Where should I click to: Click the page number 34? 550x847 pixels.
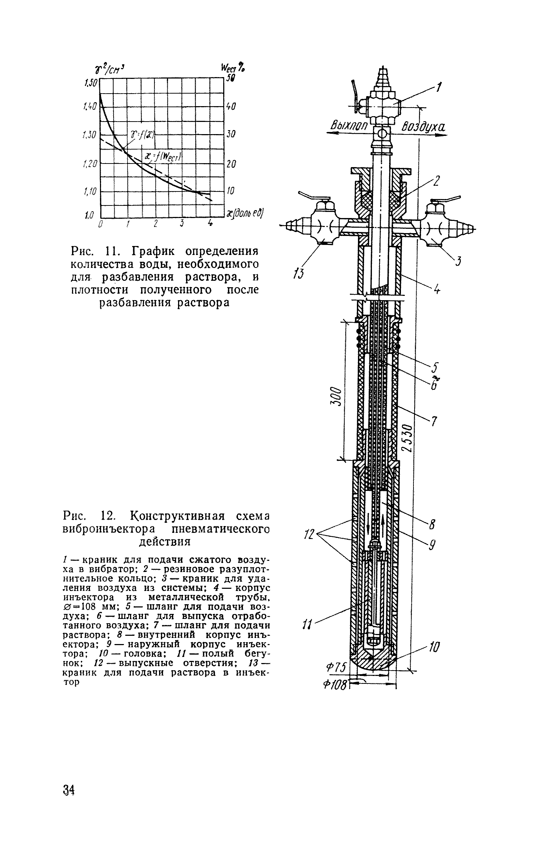68,789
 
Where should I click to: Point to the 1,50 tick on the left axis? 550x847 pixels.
90,83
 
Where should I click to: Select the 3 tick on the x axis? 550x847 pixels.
182,223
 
